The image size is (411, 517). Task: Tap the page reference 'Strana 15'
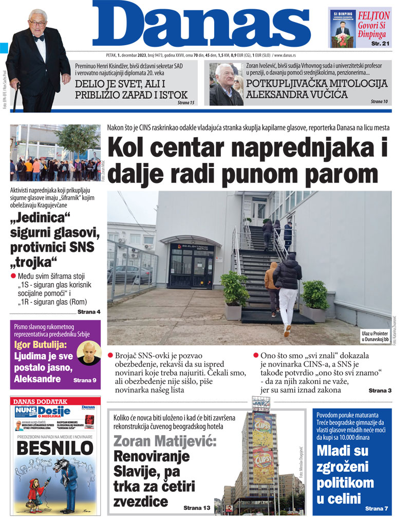pos(186,103)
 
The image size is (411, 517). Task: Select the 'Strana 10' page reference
pos(379,102)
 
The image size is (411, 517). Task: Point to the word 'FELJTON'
pos(373,15)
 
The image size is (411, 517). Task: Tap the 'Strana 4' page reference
pos(89,312)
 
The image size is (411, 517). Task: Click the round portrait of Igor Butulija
pos(88,353)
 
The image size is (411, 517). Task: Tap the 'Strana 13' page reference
pos(197,508)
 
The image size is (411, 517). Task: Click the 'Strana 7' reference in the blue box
pos(378,508)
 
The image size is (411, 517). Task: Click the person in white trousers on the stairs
pos(287,293)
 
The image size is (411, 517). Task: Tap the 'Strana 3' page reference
pos(380,391)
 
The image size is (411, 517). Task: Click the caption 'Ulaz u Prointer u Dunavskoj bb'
pos(375,336)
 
